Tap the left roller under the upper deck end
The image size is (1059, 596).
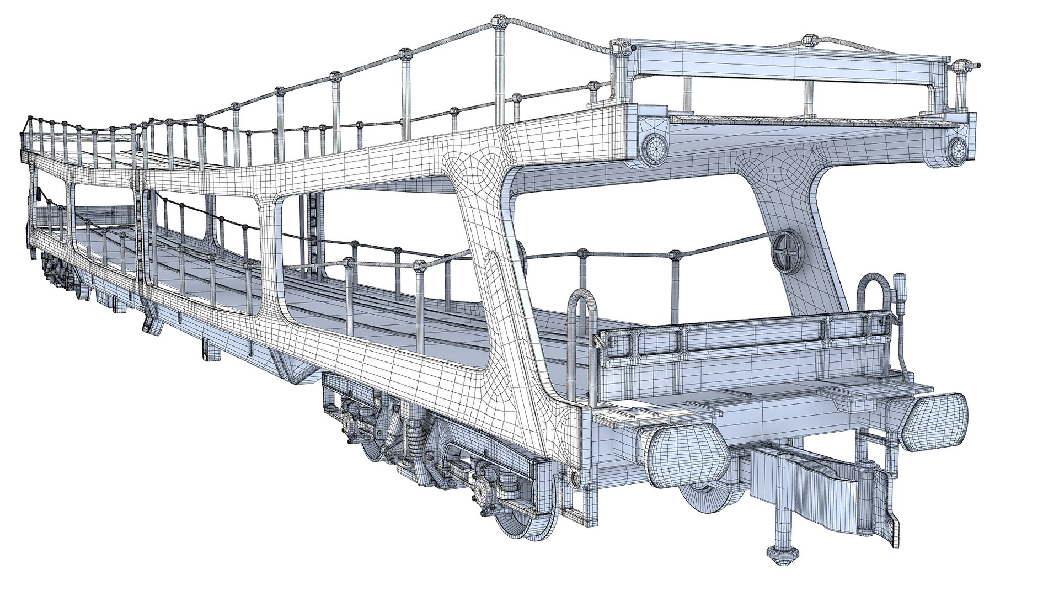coord(655,146)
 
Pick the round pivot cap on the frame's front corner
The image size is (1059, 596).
coord(576,476)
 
